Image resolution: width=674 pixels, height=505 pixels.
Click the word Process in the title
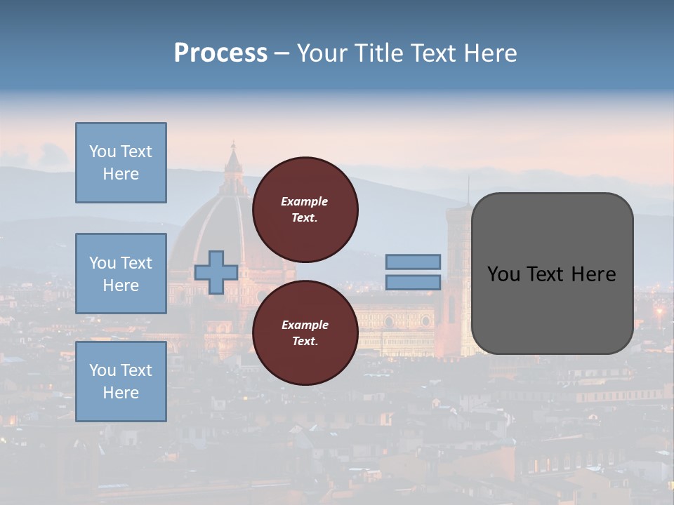click(x=220, y=53)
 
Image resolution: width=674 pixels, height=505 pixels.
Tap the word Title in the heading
click(x=376, y=53)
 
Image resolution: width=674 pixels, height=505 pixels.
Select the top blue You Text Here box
click(x=121, y=163)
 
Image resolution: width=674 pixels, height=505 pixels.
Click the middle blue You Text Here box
click(x=121, y=274)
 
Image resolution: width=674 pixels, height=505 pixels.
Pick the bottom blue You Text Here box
click(x=121, y=382)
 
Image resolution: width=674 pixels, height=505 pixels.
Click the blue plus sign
click(x=216, y=272)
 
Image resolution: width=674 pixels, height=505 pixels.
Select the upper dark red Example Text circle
click(x=305, y=209)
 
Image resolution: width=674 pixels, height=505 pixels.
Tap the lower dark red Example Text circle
click(x=305, y=332)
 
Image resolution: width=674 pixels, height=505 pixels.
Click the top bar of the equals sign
click(x=413, y=262)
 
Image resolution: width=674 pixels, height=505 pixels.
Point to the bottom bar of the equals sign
click(x=413, y=282)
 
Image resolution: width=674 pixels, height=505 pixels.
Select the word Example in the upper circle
click(x=304, y=201)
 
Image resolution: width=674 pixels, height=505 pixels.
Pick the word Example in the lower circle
click(x=304, y=325)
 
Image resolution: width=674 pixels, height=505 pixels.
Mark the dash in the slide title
click(x=282, y=54)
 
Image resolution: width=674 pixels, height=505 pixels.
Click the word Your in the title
click(x=324, y=53)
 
